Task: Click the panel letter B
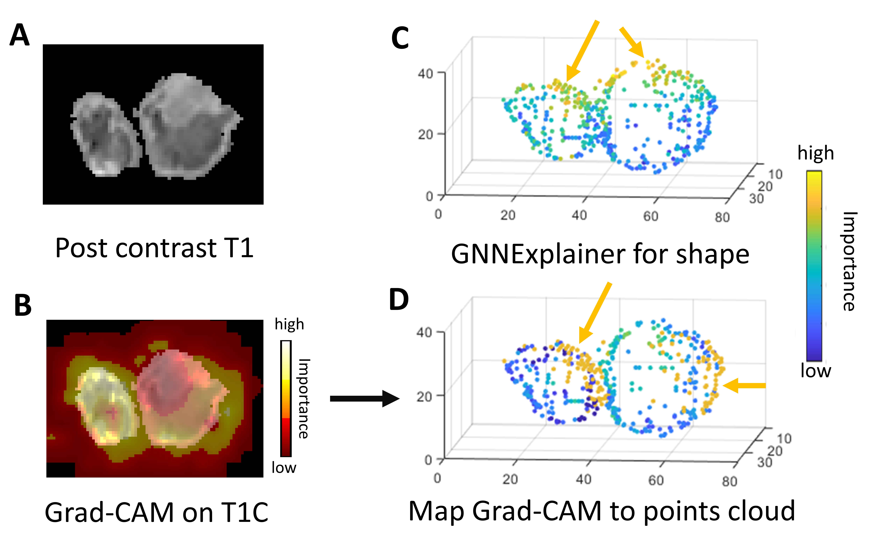point(23,305)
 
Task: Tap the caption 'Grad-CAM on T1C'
point(156,512)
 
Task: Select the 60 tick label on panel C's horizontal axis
point(651,216)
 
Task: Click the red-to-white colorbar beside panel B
point(286,398)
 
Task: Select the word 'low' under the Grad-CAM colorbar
point(284,467)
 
